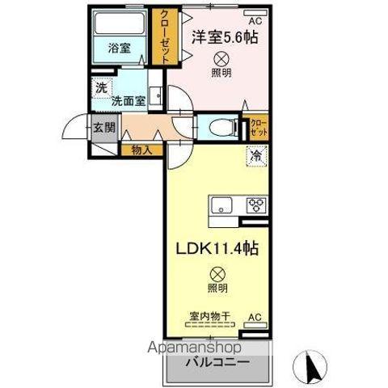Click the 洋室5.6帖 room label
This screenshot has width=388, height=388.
click(x=225, y=36)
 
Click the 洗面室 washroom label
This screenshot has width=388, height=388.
click(x=128, y=102)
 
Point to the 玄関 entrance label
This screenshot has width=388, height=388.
click(x=103, y=127)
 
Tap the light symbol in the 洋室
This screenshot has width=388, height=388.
click(x=220, y=58)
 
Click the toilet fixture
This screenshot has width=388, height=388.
click(x=221, y=126)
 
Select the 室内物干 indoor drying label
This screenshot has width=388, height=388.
click(x=208, y=316)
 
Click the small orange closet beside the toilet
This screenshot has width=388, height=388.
click(x=259, y=126)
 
